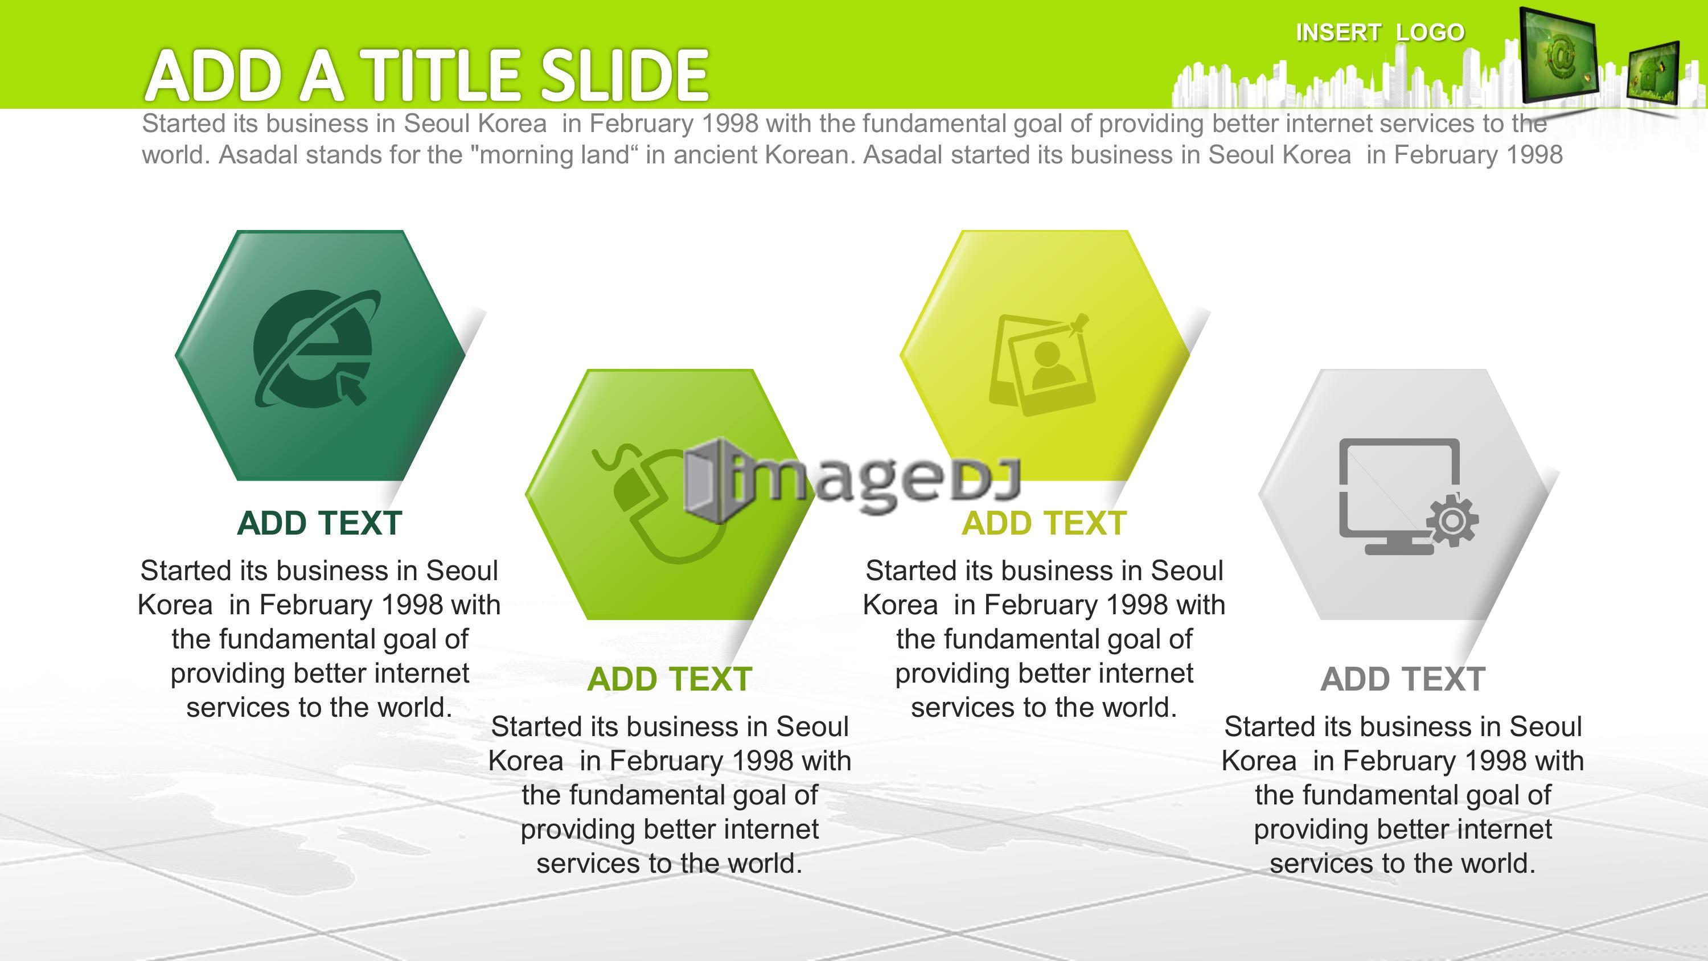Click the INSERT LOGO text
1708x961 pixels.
(x=1380, y=32)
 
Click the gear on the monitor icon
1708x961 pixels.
(x=1452, y=520)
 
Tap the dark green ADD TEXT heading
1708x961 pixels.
(x=319, y=523)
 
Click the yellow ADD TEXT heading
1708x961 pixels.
(x=1044, y=523)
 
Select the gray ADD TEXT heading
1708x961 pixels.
(x=1402, y=679)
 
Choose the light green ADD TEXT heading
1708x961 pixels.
(x=669, y=679)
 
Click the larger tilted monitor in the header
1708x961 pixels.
(x=1558, y=55)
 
